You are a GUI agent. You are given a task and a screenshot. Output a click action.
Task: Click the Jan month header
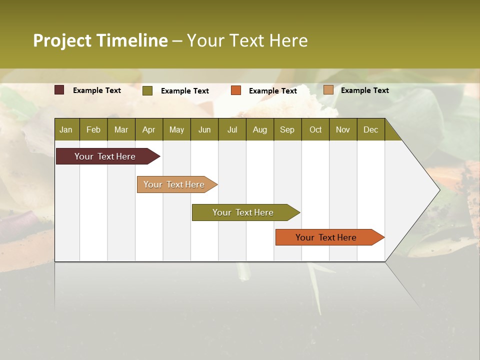[x=66, y=129]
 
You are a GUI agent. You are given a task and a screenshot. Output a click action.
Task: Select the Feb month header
[x=93, y=129]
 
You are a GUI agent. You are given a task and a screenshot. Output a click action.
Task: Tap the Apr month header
[x=148, y=129]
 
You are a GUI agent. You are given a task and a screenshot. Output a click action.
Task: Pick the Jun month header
[x=204, y=129]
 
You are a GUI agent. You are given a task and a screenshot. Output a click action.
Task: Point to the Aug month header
[x=259, y=129]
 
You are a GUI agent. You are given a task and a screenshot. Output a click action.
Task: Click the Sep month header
[x=287, y=129]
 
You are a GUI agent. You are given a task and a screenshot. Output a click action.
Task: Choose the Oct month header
[x=315, y=129]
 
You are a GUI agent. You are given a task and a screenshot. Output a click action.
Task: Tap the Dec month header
[x=370, y=129]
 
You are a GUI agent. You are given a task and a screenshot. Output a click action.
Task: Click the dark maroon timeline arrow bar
[x=105, y=156]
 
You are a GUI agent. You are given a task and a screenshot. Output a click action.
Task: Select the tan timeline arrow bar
[x=174, y=184]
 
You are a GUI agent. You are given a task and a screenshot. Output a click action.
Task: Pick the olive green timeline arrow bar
[x=243, y=212]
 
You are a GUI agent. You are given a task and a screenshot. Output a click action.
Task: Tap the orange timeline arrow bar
[x=326, y=237]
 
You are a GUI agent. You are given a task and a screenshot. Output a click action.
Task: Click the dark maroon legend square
[x=59, y=90]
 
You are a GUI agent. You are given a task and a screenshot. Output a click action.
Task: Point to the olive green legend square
[x=147, y=90]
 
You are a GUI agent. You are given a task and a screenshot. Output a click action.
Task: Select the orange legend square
[x=236, y=90]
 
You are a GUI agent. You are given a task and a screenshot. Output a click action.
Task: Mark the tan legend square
[x=328, y=90]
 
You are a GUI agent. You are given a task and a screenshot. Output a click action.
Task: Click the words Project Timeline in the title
[x=100, y=40]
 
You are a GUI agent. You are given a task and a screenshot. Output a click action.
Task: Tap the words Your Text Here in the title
[x=247, y=40]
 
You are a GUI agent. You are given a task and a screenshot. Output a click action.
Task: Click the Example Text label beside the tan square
[x=364, y=90]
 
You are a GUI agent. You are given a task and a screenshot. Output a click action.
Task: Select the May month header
[x=176, y=129]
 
